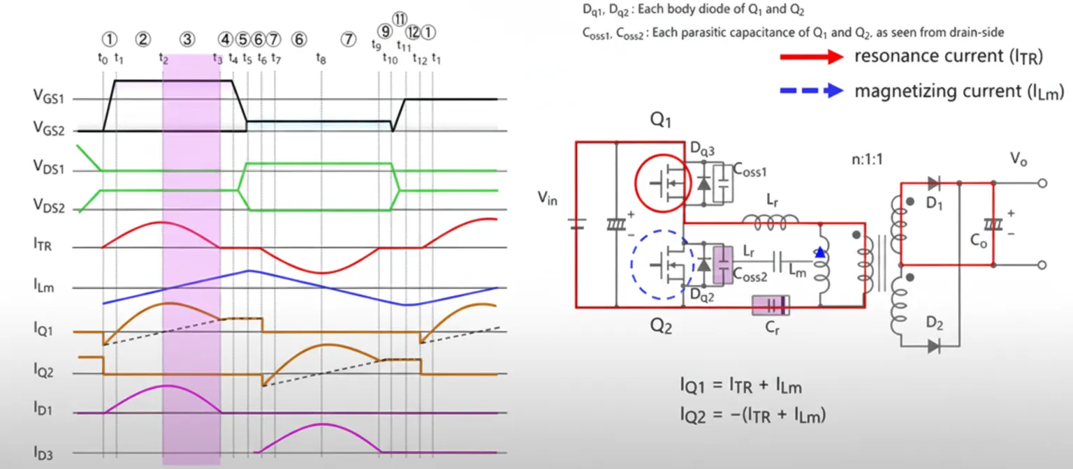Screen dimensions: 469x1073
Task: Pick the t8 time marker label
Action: [321, 59]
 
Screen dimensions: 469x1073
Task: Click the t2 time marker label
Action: [163, 59]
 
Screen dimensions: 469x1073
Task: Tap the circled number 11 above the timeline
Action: [399, 19]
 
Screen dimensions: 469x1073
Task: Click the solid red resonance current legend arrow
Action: [813, 58]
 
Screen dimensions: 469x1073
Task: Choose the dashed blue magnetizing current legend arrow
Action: [813, 91]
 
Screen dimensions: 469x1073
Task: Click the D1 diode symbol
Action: [934, 184]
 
